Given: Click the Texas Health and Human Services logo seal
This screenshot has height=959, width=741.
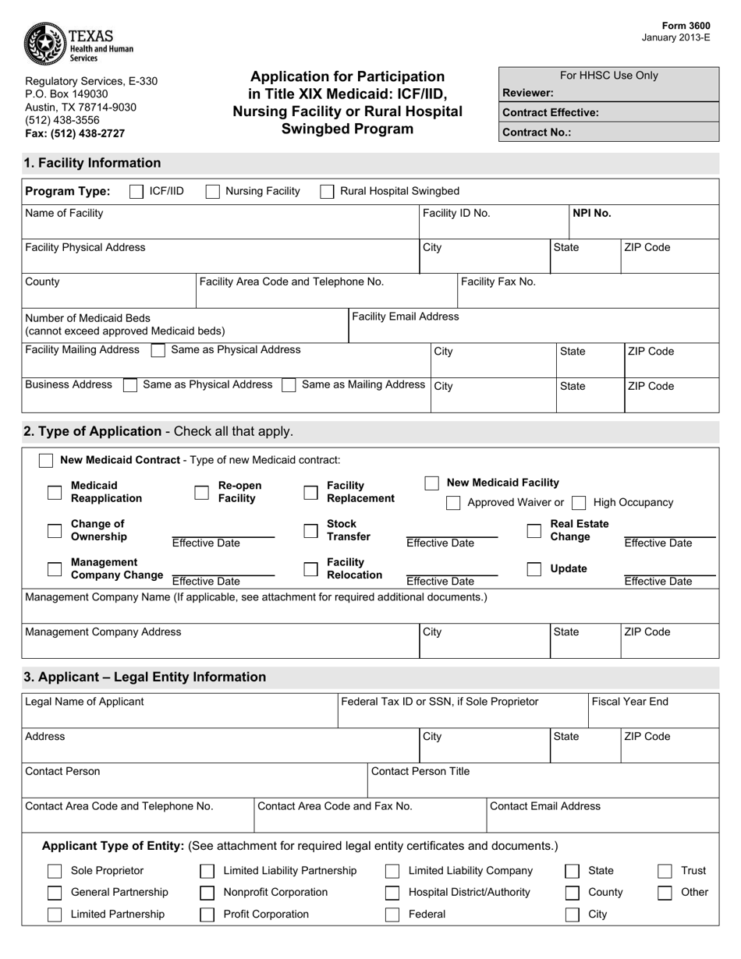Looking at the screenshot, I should point(45,44).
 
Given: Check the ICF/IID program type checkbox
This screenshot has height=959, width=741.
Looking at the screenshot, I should point(136,192).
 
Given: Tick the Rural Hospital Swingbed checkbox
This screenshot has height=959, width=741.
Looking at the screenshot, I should point(328,192).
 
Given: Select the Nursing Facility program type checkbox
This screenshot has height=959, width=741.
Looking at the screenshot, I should point(212,192).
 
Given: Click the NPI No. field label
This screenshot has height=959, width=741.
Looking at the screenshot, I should point(592,213).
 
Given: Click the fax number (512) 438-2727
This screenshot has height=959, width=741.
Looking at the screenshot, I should point(75,133).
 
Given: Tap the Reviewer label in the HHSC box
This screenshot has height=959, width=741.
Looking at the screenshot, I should point(528,93).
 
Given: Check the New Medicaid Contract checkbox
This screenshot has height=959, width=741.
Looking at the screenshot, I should point(46,460).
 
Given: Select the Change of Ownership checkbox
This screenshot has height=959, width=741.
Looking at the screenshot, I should point(55,531).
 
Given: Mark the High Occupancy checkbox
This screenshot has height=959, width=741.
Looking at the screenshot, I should point(579,503).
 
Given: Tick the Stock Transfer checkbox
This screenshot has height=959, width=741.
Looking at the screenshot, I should point(310,531).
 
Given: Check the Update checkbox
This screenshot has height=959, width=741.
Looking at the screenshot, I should point(534,569).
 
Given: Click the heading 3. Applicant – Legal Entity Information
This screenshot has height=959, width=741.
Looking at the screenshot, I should point(145,677).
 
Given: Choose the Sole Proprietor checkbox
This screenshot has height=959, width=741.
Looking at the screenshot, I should point(55,871).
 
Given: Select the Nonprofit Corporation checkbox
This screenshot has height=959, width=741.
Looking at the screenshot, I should point(207,893).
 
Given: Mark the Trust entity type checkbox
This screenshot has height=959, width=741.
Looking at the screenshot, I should point(665,871).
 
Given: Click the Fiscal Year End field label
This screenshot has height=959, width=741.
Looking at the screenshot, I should point(630,702).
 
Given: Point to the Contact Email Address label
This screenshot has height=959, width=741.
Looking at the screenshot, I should point(545,806).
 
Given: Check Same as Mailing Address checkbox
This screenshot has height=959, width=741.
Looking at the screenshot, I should point(289,385).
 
